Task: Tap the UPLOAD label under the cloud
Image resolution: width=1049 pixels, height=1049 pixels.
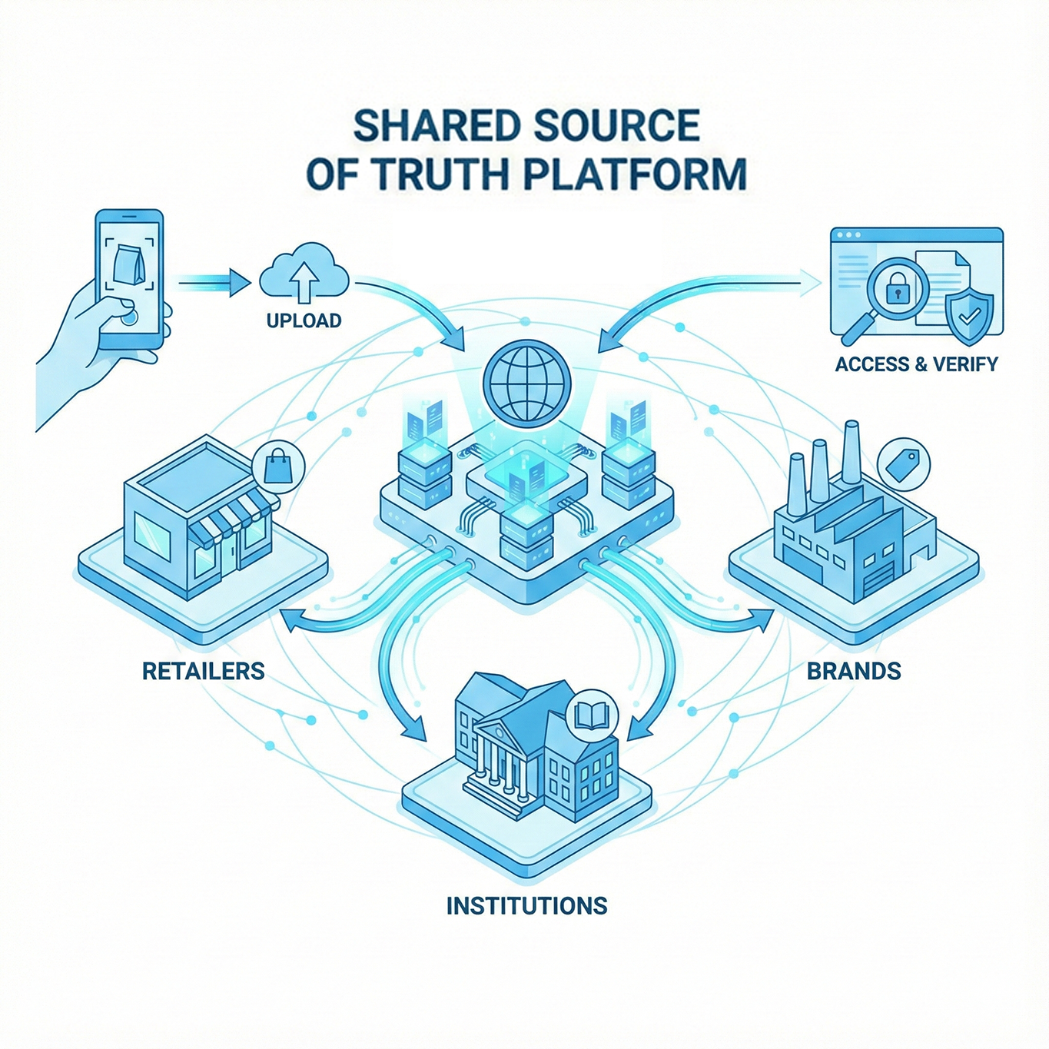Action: click(x=304, y=320)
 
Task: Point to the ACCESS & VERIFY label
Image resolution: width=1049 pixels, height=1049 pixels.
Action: click(x=916, y=363)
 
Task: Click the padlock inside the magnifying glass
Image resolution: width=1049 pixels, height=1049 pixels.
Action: click(x=897, y=290)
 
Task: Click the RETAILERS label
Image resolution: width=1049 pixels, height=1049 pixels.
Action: click(x=204, y=671)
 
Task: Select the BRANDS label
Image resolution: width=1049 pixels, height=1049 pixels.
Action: click(x=854, y=671)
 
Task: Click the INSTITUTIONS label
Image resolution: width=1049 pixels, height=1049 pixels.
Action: click(x=526, y=905)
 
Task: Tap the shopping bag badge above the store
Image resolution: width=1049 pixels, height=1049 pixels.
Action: click(x=278, y=466)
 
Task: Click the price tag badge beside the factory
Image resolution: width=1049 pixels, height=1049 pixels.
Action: click(x=903, y=464)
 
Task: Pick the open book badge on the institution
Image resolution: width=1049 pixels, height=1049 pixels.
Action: click(x=592, y=716)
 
